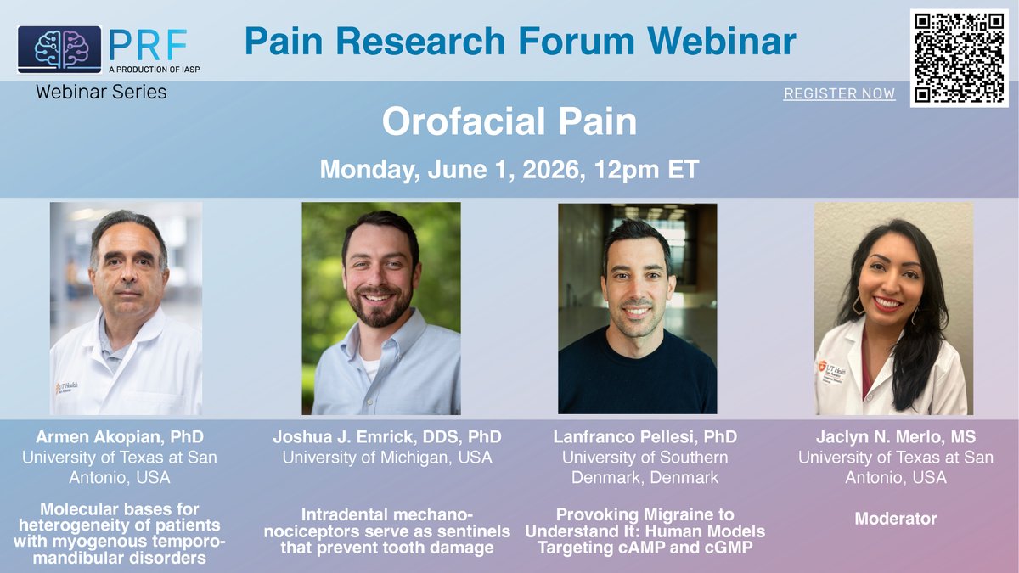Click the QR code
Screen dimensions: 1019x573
point(959,59)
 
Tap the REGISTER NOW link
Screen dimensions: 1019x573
point(839,93)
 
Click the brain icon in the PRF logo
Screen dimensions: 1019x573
point(59,49)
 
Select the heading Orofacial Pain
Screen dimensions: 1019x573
point(509,121)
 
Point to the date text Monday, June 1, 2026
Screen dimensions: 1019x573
point(453,170)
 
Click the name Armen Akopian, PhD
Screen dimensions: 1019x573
point(120,436)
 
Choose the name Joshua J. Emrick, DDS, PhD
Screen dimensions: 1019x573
point(387,436)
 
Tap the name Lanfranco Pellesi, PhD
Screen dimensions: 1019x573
point(645,436)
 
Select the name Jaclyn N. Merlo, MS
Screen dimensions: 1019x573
point(896,436)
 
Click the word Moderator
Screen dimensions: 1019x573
point(896,519)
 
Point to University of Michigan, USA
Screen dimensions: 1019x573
point(387,458)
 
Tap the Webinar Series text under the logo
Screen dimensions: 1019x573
point(101,93)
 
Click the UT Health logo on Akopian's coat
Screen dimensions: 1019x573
point(66,387)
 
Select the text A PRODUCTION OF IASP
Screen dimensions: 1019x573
point(155,70)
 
